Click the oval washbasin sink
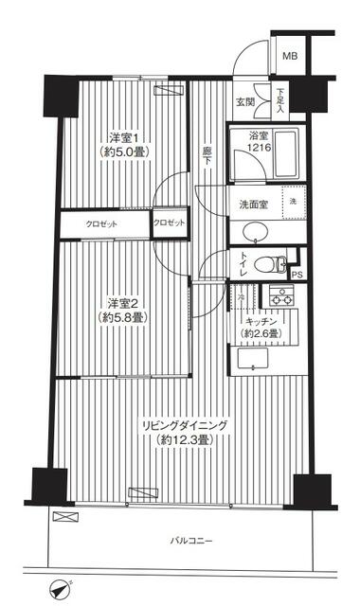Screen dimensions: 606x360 [x=253, y=233]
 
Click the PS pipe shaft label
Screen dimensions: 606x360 [x=297, y=276]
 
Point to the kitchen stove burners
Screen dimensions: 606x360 [x=280, y=294]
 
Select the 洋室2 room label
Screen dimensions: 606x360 [x=123, y=310]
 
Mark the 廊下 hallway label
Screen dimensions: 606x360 [x=207, y=156]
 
